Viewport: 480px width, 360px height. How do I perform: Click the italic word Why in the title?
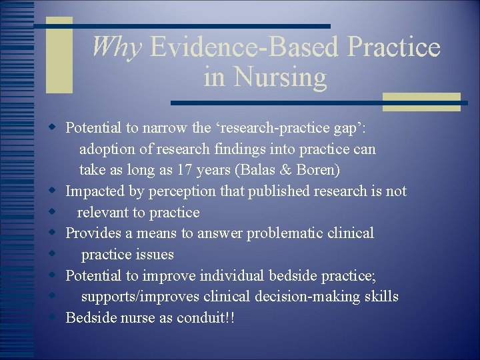117,47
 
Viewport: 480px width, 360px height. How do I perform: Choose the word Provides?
91,233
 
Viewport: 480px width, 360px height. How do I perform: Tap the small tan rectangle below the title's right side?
421,101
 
